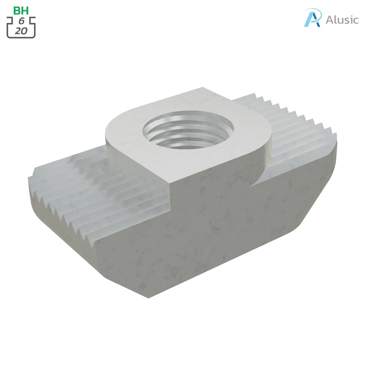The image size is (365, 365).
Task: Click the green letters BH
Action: [x=21, y=10]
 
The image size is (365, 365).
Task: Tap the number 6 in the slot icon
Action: [x=21, y=21]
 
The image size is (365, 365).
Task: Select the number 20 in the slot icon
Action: [x=21, y=31]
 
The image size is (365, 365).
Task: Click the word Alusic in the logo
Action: [x=342, y=20]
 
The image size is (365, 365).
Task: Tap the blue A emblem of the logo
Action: [x=313, y=18]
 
